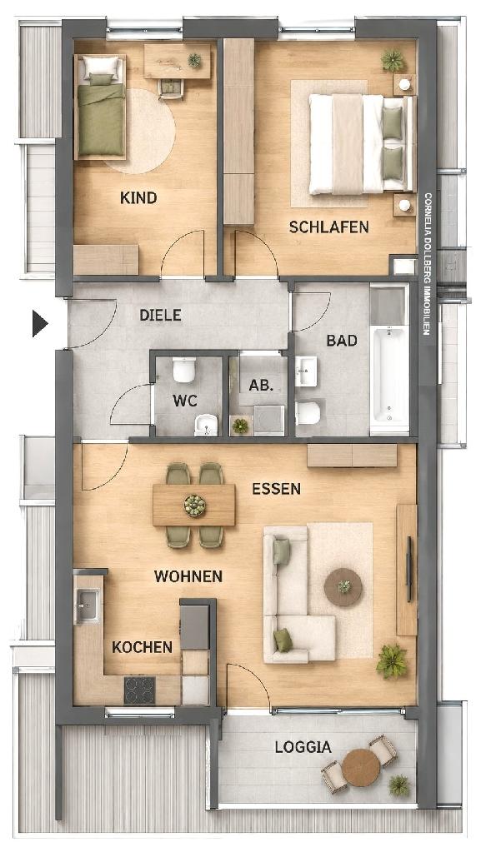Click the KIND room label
[138, 197]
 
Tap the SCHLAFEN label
[329, 227]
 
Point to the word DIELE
[160, 315]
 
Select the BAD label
[342, 341]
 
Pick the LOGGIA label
[303, 747]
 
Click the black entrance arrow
[40, 323]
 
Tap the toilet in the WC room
[183, 369]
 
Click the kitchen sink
[88, 605]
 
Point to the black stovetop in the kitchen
[140, 690]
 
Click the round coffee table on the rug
[343, 587]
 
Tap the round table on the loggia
[361, 767]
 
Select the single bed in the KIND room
[101, 107]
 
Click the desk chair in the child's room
[171, 88]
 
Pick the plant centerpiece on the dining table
[194, 506]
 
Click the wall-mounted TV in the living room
[408, 569]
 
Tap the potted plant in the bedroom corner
[393, 60]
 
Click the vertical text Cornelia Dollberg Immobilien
[428, 263]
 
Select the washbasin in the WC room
[206, 425]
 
